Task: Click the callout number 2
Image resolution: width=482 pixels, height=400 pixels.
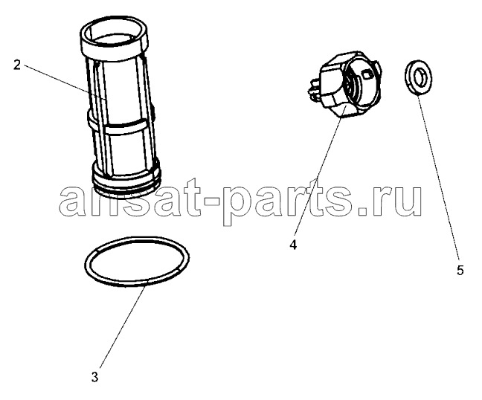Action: tap(17, 65)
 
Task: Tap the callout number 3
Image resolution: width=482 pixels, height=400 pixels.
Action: tap(94, 377)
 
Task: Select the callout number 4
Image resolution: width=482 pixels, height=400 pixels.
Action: tap(293, 245)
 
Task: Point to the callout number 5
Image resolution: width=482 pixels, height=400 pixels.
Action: tap(460, 271)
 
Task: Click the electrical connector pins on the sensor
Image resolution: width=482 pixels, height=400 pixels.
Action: tap(313, 89)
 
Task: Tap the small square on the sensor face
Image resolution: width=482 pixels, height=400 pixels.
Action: tap(367, 74)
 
